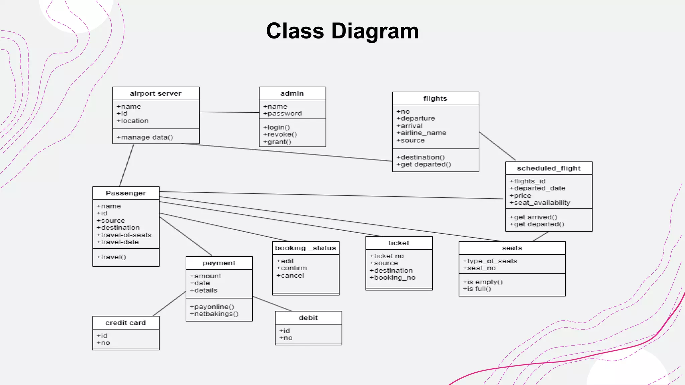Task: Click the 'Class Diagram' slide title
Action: pyautogui.click(x=342, y=31)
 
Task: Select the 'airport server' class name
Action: pyautogui.click(x=156, y=94)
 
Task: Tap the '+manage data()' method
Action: pyautogui.click(x=145, y=137)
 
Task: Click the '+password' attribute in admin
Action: pyautogui.click(x=282, y=114)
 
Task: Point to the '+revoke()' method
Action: pyautogui.click(x=280, y=134)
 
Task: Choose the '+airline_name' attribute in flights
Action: pyautogui.click(x=421, y=133)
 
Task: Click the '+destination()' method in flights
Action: pyautogui.click(x=420, y=157)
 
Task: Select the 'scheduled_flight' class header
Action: pyautogui.click(x=549, y=168)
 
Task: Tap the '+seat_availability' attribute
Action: pyautogui.click(x=540, y=203)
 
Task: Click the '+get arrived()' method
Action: pyautogui.click(x=533, y=217)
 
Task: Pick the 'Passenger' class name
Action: pyautogui.click(x=126, y=193)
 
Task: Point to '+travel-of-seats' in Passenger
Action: pyautogui.click(x=124, y=235)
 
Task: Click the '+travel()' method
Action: pyautogui.click(x=111, y=257)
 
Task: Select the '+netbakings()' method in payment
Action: pyautogui.click(x=214, y=314)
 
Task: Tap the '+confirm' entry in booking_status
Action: pyautogui.click(x=291, y=268)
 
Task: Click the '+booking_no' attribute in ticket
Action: pyautogui.click(x=392, y=277)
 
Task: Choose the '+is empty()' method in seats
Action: pyautogui.click(x=482, y=282)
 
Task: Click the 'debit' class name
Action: pyautogui.click(x=308, y=318)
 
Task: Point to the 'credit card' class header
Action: pyautogui.click(x=125, y=323)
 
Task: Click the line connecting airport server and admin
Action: pyautogui.click(x=229, y=112)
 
